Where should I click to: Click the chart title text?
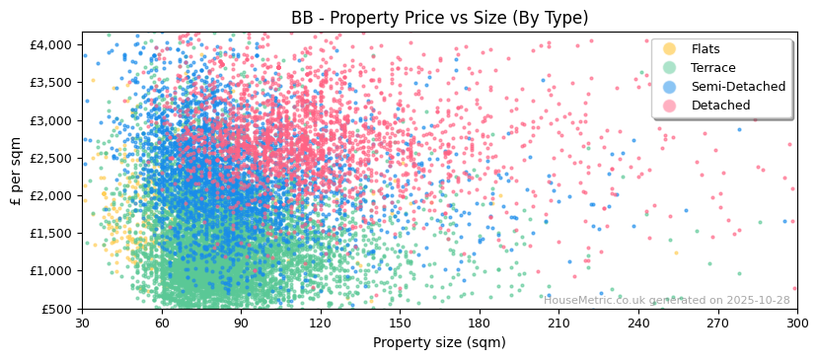(x=439, y=18)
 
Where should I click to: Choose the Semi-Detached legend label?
(x=738, y=87)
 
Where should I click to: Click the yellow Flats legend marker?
(x=670, y=49)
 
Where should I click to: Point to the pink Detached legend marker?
(x=670, y=106)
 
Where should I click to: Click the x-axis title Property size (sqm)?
(x=439, y=343)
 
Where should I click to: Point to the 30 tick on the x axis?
(x=83, y=323)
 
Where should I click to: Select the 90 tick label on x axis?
(x=242, y=323)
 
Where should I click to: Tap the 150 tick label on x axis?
(x=401, y=323)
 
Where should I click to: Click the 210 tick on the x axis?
(x=559, y=323)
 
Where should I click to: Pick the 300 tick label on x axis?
(x=797, y=323)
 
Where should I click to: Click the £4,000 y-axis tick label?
(x=50, y=45)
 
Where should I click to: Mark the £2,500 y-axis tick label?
(x=50, y=158)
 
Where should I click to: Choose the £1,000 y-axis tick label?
(x=50, y=271)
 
